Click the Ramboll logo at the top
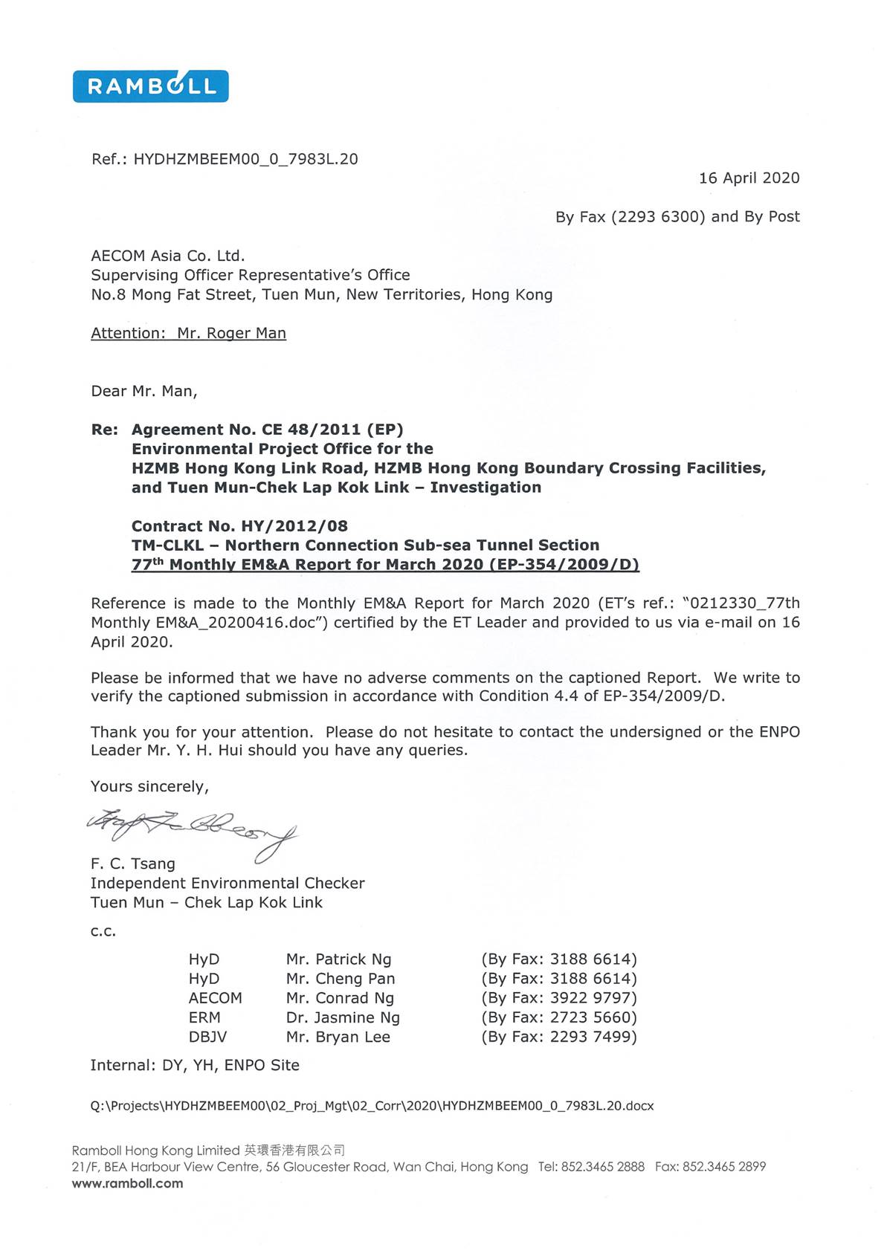(150, 86)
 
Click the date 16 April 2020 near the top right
(749, 178)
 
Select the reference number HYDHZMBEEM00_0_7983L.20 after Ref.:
(245, 159)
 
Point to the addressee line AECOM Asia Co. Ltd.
(167, 256)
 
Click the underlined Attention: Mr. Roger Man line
(188, 333)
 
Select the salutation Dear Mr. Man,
(143, 391)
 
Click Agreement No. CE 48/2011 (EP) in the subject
(267, 430)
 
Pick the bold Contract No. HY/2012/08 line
(239, 526)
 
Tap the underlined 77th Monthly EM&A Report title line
(385, 565)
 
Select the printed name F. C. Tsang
(133, 864)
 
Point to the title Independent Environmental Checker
(228, 883)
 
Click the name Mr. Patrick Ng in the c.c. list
(338, 959)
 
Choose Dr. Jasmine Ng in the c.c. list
(343, 1017)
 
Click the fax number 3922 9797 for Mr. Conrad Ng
(593, 998)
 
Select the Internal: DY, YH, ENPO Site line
(195, 1065)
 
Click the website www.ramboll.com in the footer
(127, 1183)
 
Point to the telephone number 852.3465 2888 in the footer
(602, 1167)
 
